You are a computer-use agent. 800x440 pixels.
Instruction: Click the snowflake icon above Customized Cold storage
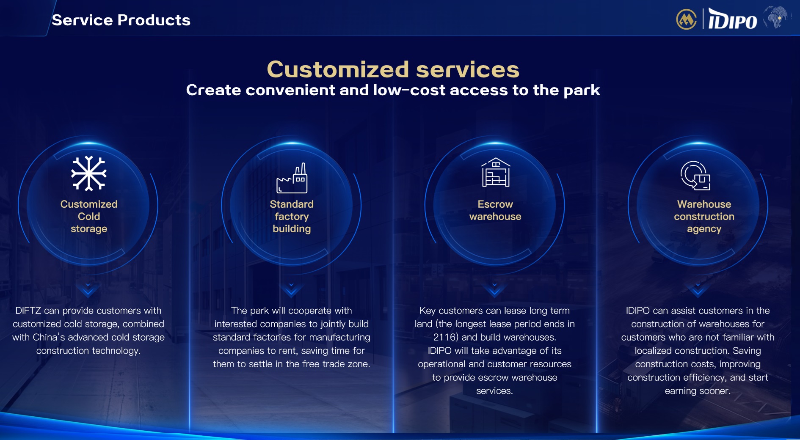click(89, 173)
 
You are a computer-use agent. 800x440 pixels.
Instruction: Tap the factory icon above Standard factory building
click(292, 178)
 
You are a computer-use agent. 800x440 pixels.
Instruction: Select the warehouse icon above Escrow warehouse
click(496, 172)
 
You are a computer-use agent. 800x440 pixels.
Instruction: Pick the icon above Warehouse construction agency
click(695, 175)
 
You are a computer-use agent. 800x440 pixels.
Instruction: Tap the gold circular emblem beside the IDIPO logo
click(687, 19)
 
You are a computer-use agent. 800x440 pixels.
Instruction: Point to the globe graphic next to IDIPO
click(775, 17)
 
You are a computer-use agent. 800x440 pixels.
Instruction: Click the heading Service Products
click(121, 20)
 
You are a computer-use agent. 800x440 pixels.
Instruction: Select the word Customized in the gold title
click(338, 69)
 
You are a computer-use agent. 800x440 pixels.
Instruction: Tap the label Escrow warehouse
click(495, 210)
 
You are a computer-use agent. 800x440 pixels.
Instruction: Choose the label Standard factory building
click(292, 216)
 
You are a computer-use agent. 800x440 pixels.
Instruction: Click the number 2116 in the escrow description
click(444, 337)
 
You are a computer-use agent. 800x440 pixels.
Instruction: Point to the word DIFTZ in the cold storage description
click(28, 311)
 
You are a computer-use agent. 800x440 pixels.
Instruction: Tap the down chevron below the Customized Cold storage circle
click(88, 289)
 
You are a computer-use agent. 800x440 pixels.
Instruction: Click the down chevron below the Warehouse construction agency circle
click(698, 289)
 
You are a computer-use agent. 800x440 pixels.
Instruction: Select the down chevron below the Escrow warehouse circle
click(494, 289)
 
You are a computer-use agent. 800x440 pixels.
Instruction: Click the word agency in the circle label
click(704, 229)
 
